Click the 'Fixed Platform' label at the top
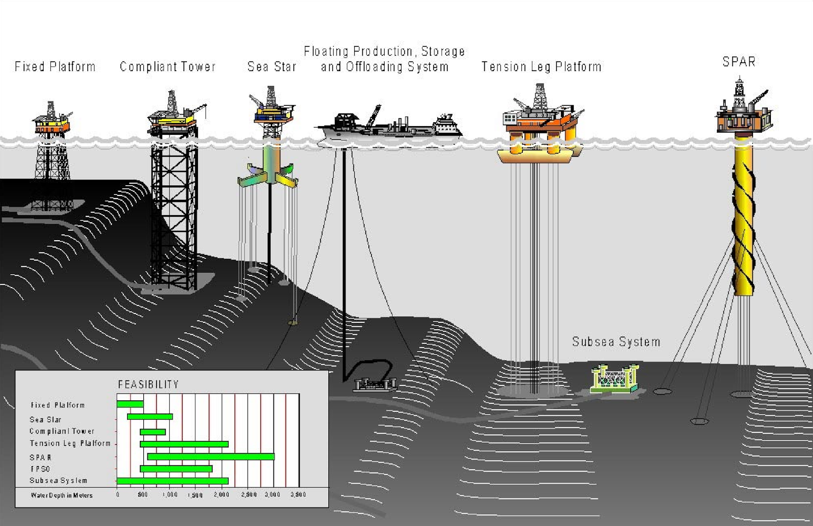[55, 67]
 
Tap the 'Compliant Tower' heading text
[168, 67]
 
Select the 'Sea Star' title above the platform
[271, 67]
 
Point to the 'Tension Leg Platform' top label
[541, 67]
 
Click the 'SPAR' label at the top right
[739, 62]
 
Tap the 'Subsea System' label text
[616, 342]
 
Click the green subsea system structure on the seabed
[614, 378]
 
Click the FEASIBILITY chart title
[148, 385]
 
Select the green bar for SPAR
[211, 457]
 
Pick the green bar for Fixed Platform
[130, 404]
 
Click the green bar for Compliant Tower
[153, 432]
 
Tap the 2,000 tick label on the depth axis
[222, 495]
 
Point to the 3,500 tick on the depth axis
[298, 495]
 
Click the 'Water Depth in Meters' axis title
[61, 495]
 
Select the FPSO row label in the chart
[40, 469]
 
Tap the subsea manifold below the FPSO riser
[375, 385]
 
